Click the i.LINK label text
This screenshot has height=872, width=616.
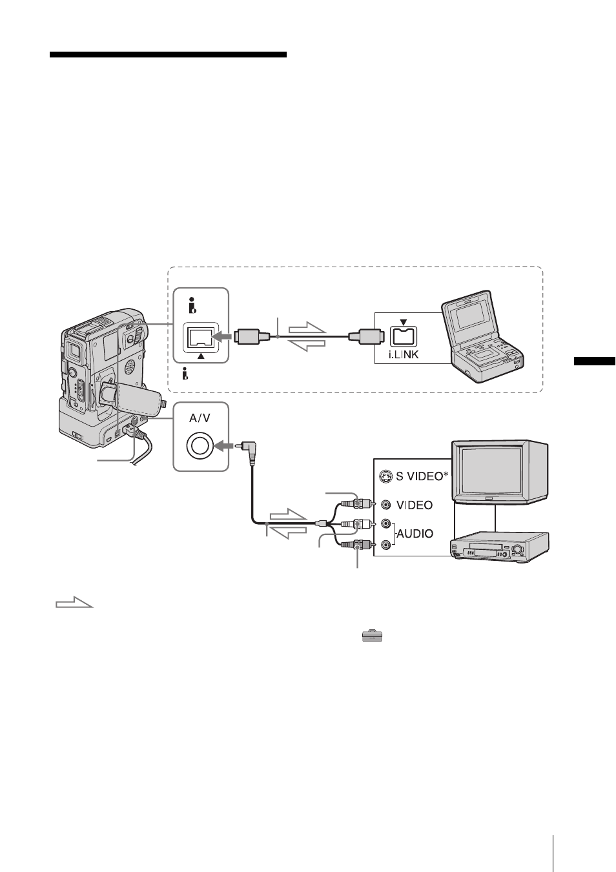[x=404, y=355]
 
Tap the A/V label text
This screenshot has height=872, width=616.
[x=200, y=418]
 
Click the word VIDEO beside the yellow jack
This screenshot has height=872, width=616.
[x=415, y=505]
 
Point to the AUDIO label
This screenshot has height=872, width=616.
[x=415, y=533]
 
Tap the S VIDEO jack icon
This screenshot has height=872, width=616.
[x=385, y=476]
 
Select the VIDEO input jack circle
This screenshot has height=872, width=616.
[x=386, y=505]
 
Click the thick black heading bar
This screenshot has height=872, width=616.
[x=169, y=54]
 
